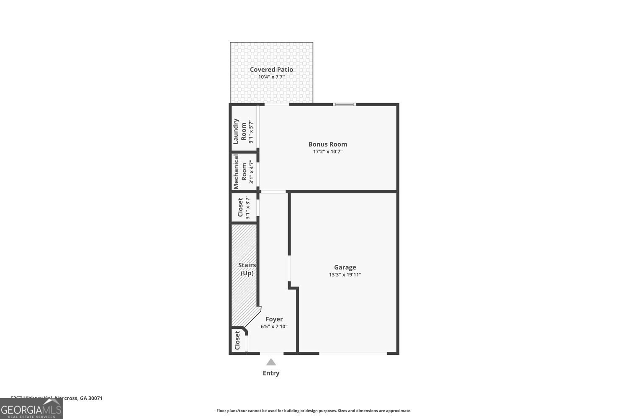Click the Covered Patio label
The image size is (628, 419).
(x=271, y=70)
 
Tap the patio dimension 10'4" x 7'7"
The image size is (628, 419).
(x=271, y=77)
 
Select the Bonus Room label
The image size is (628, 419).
(x=327, y=144)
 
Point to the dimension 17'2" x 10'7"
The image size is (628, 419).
(x=327, y=152)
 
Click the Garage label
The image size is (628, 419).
(x=345, y=267)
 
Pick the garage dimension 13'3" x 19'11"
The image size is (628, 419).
(x=345, y=275)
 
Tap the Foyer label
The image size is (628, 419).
(x=274, y=319)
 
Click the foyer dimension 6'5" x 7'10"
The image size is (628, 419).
(x=274, y=327)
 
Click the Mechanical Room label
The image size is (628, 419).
(x=240, y=172)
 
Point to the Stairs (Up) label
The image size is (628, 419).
(x=247, y=269)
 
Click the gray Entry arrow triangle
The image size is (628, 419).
(x=271, y=362)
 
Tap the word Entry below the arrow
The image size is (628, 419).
(x=271, y=373)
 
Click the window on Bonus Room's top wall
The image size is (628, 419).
(x=344, y=104)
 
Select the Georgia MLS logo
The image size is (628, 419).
(x=31, y=409)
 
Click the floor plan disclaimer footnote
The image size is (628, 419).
(x=314, y=411)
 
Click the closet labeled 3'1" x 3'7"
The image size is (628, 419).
(x=244, y=207)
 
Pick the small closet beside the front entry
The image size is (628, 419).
(x=238, y=341)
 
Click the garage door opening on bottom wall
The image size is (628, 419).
(x=353, y=354)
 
